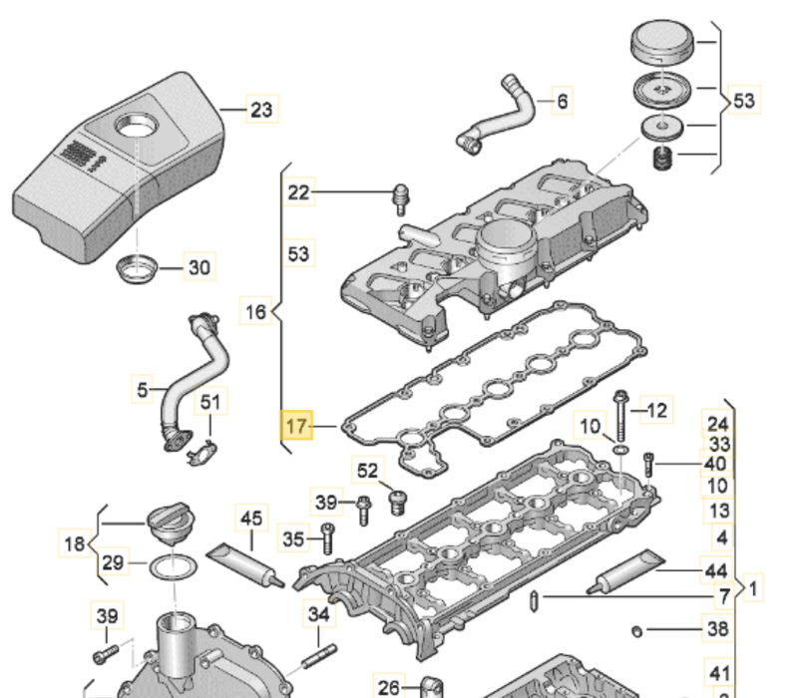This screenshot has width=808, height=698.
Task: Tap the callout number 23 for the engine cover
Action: point(260,110)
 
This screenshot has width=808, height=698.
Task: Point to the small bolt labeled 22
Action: point(401,198)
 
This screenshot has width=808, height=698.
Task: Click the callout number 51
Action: point(209,402)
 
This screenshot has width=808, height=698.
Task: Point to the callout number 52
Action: point(368,470)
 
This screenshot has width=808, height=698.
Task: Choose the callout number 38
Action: point(717,629)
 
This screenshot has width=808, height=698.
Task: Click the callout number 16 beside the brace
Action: point(256,312)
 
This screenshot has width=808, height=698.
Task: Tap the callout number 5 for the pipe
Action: point(142,388)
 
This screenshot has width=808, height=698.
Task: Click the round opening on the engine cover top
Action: point(135,128)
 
